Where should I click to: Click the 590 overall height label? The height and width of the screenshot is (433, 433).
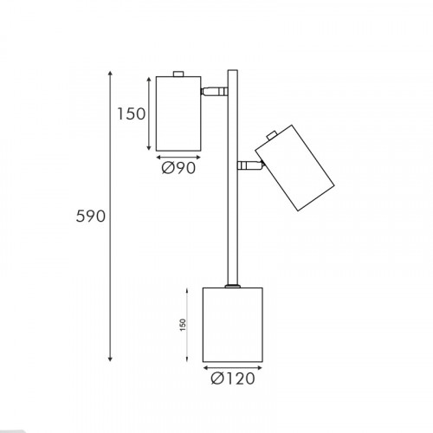[91, 216]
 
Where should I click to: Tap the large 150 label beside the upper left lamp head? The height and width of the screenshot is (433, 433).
[132, 113]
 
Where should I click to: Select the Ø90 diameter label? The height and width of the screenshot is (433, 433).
[178, 168]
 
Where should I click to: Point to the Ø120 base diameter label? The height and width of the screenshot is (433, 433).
[233, 378]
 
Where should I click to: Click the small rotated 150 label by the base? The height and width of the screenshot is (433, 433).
[183, 325]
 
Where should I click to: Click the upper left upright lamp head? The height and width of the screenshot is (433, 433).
[178, 113]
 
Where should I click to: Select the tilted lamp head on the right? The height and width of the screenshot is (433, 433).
[294, 168]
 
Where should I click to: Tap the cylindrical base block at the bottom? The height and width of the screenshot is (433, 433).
[233, 325]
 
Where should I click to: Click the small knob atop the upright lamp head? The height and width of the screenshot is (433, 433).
[178, 74]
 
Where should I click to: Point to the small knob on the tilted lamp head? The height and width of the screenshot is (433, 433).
[272, 135]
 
